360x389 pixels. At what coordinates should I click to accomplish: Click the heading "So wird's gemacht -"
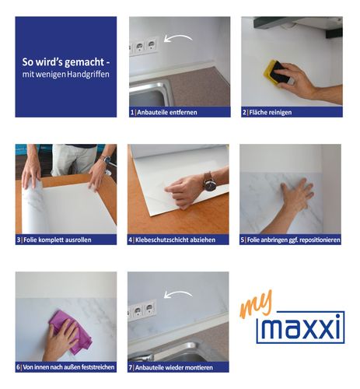pyautogui.click(x=66, y=62)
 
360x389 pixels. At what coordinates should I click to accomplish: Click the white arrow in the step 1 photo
pyautogui.click(x=178, y=38)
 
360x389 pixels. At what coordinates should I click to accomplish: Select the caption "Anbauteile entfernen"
pyautogui.click(x=167, y=112)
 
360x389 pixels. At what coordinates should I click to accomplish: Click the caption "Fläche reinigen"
pyautogui.click(x=271, y=112)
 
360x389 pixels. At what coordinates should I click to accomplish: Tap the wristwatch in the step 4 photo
pyautogui.click(x=209, y=182)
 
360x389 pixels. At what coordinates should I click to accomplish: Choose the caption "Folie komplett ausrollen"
pyautogui.click(x=58, y=240)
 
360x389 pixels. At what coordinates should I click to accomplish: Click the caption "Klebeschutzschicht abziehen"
pyautogui.click(x=175, y=240)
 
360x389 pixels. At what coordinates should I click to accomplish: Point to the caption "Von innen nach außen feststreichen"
pyautogui.click(x=68, y=367)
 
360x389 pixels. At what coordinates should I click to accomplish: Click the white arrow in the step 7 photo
pyautogui.click(x=178, y=294)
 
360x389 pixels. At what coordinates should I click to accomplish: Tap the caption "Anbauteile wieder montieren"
pyautogui.click(x=174, y=367)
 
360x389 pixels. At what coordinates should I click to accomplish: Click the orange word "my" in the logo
pyautogui.click(x=256, y=304)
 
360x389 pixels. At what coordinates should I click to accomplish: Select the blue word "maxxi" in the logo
pyautogui.click(x=301, y=328)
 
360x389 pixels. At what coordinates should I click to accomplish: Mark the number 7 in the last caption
pyautogui.click(x=131, y=367)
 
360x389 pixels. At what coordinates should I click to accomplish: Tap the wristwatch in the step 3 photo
pyautogui.click(x=107, y=159)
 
